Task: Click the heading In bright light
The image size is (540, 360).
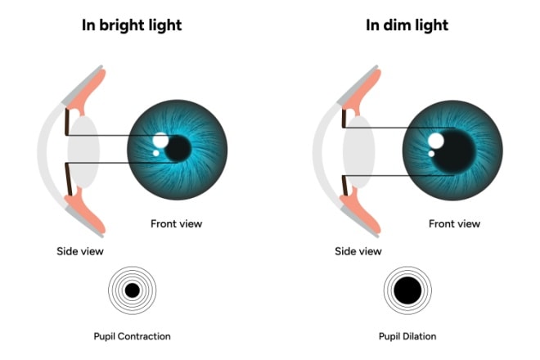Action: (x=132, y=25)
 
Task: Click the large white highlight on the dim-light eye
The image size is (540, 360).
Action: (x=436, y=141)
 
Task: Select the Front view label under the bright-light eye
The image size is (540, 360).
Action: (x=176, y=223)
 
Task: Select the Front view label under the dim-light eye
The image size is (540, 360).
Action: (x=454, y=223)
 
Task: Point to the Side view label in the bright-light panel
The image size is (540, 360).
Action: (x=80, y=250)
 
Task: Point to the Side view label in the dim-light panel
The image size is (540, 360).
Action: (x=358, y=250)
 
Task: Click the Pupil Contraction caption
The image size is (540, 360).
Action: (x=133, y=335)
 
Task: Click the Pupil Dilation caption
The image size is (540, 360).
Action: (x=408, y=335)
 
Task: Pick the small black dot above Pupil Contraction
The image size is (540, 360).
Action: (x=133, y=290)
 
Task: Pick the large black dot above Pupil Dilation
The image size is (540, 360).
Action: (x=407, y=290)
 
